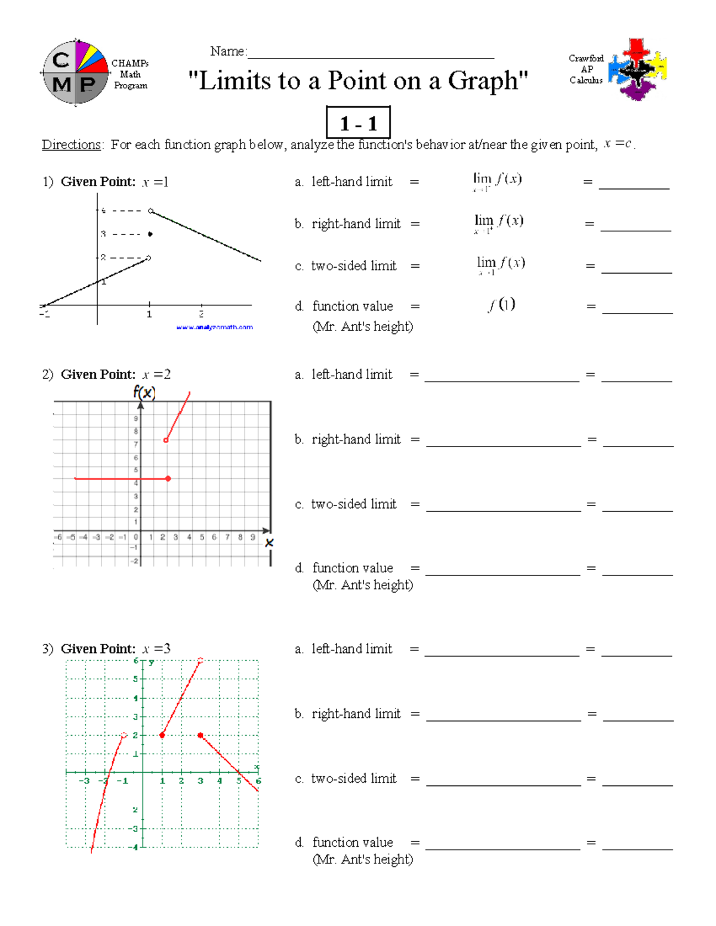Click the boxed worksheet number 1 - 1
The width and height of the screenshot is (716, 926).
pos(358,123)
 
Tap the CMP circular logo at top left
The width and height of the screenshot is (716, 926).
pos(75,73)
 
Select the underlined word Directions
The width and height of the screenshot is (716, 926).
pos(71,145)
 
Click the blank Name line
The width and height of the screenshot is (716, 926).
pos(371,54)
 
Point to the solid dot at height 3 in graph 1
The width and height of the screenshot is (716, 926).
pos(150,234)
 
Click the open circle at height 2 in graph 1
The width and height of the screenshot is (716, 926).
pos(149,258)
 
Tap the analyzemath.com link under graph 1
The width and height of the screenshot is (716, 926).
pos(214,327)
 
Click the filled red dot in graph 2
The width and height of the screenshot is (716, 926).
pos(168,479)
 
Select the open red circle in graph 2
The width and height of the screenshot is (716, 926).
pos(166,441)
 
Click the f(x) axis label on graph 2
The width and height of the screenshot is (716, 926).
pos(144,392)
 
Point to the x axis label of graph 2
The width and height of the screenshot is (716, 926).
pos(269,543)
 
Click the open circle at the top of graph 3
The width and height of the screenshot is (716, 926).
pos(200,660)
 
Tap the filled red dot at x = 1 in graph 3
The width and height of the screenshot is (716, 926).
pos(162,735)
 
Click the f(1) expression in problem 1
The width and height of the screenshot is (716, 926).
pos(501,305)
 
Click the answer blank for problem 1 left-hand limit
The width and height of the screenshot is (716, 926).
pos(634,182)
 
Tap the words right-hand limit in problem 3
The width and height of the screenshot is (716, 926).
pos(356,714)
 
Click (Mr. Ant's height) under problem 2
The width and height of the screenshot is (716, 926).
pos(363,585)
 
